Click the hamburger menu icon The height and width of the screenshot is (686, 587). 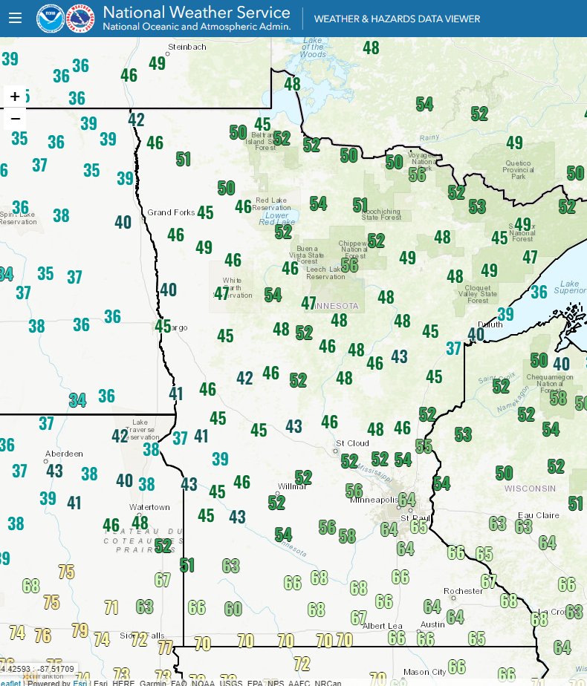coord(15,19)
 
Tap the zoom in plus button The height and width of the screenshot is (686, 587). coord(15,97)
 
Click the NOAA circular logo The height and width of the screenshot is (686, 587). coord(51,19)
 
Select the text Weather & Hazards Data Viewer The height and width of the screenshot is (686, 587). coord(397,19)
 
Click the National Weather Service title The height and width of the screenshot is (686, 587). coord(196,13)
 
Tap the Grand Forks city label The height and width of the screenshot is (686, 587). coord(171,212)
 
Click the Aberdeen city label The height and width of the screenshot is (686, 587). coord(64,453)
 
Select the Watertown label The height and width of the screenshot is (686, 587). coord(149,507)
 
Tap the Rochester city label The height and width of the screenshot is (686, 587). coord(463,591)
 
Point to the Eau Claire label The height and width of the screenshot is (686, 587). coord(538,515)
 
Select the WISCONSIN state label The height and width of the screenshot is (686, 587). coord(530,488)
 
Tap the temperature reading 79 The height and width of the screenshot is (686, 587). coord(80,631)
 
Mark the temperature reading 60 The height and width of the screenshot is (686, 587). coord(233,610)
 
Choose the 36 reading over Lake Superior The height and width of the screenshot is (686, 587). coord(539,292)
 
